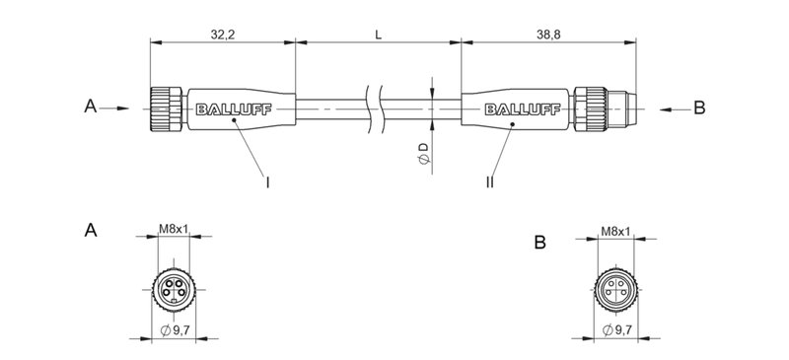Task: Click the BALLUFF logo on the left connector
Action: (230, 108)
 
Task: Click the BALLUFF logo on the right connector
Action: (512, 108)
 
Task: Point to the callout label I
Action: (268, 181)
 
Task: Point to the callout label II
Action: (490, 181)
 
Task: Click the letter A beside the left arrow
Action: (90, 108)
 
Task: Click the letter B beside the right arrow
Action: (699, 108)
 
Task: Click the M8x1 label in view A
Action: (174, 232)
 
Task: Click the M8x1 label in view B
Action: (615, 232)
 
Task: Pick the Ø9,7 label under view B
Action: (615, 329)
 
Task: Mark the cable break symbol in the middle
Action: (374, 107)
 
